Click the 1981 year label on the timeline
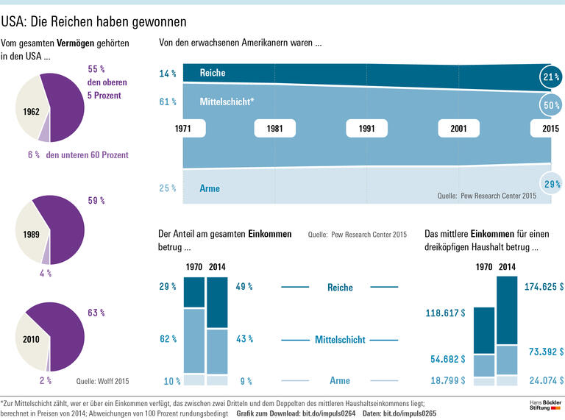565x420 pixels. tap(274, 128)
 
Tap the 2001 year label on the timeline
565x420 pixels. tap(458, 128)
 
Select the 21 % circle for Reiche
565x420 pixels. tap(550, 76)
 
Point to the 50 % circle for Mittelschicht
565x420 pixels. tap(550, 105)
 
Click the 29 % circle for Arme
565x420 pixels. tap(550, 184)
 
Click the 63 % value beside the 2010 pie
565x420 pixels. tap(96, 313)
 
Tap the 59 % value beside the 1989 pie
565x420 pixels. tap(96, 199)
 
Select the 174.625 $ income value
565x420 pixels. tap(544, 286)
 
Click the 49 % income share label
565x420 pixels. tap(244, 287)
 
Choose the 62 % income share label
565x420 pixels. tap(168, 339)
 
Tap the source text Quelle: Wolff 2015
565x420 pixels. tap(103, 381)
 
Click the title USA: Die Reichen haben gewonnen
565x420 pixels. tap(93, 22)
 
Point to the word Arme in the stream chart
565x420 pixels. tap(210, 188)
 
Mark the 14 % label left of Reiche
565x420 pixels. tap(168, 74)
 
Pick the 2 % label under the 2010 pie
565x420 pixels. tap(46, 380)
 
